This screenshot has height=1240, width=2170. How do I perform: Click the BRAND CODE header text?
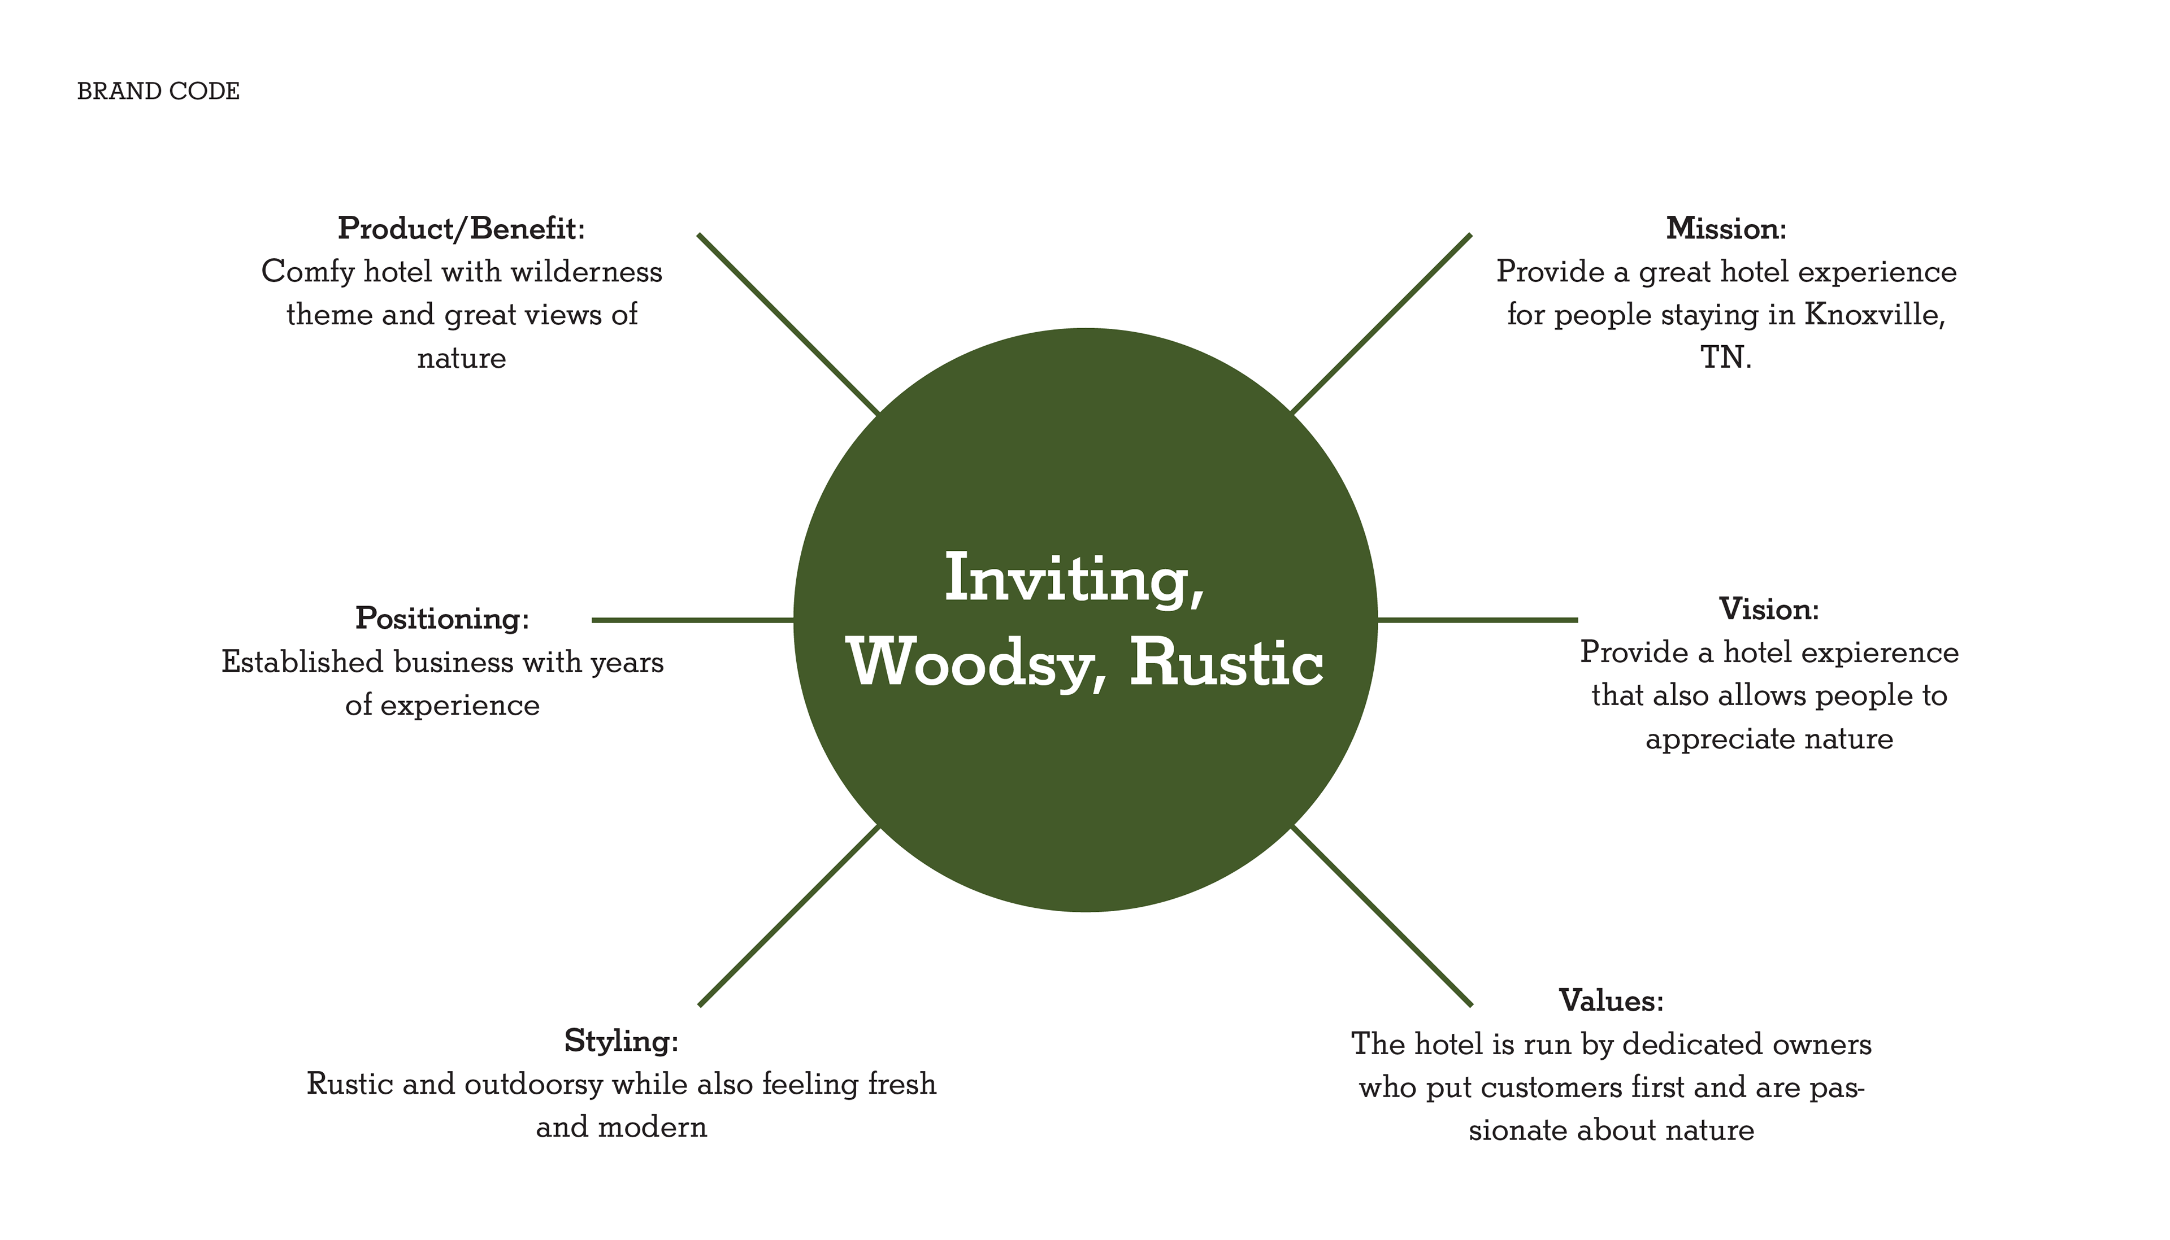coord(158,91)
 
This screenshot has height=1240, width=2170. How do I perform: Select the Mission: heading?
coord(1726,228)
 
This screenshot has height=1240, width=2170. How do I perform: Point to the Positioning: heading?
coord(442,618)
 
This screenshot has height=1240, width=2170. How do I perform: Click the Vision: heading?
coord(1769,609)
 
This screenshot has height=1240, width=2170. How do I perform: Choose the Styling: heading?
coord(621,1041)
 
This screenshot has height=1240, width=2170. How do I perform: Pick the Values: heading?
coord(1611,1000)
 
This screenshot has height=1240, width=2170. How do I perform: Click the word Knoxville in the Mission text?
coord(1874,315)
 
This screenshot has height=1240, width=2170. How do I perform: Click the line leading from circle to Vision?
coord(1478,620)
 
